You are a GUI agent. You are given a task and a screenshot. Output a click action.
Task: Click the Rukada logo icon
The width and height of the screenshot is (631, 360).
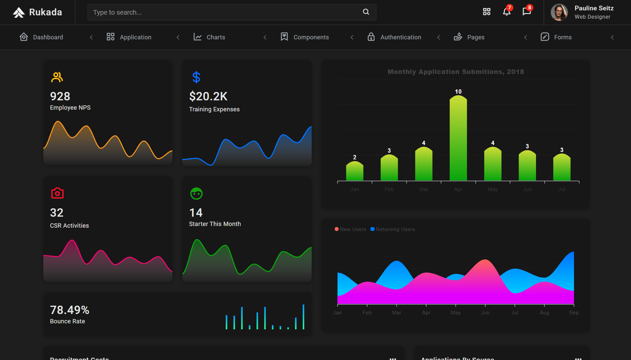[x=19, y=12]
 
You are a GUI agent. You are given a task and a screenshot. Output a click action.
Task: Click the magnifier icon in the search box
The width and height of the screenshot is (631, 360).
[x=366, y=12]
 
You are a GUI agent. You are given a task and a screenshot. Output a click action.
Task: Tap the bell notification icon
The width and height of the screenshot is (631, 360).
[x=506, y=12]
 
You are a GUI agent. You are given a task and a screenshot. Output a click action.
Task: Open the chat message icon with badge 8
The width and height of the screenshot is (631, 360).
[x=526, y=12]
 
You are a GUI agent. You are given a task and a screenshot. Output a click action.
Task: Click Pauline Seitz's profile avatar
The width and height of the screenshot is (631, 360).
[x=559, y=12]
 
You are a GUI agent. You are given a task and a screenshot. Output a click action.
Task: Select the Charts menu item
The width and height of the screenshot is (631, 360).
[x=216, y=37]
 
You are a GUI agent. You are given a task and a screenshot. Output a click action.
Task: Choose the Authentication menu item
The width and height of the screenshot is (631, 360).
[x=400, y=37]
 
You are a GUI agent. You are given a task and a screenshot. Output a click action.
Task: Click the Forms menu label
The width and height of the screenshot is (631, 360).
[x=563, y=37]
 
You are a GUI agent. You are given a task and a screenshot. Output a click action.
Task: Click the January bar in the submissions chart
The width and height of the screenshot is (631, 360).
[x=355, y=171]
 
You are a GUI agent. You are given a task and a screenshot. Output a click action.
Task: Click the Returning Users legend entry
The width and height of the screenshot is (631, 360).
[x=395, y=229]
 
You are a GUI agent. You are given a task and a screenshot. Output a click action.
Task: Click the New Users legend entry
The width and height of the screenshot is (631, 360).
[x=353, y=229]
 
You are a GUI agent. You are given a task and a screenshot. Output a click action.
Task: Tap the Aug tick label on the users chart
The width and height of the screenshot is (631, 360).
[x=544, y=313]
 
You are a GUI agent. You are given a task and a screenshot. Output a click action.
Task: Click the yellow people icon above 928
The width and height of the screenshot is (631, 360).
[x=57, y=77]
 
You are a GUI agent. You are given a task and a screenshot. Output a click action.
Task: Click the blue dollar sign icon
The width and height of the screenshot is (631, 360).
[x=196, y=77]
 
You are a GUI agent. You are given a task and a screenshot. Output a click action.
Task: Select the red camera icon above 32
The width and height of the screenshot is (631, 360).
[x=57, y=193]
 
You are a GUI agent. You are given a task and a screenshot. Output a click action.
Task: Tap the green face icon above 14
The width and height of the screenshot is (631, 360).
[x=196, y=193]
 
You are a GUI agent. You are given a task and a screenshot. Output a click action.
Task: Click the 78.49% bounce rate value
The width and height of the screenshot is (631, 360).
[x=70, y=310]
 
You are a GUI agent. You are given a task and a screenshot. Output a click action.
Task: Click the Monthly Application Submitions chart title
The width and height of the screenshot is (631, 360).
[x=456, y=72]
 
